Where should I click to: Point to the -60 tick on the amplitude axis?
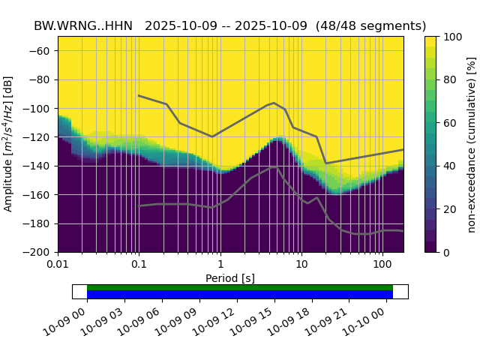(43, 51)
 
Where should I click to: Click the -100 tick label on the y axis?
(40, 109)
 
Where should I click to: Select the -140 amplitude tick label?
(40, 166)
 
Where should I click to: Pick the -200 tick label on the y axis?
(40, 252)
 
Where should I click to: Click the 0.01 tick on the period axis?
(58, 265)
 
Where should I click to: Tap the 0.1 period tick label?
(139, 265)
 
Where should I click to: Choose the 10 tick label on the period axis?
(301, 265)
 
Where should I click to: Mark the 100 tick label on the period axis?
(382, 265)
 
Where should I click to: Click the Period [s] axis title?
(230, 278)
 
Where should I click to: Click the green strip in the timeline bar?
(240, 287)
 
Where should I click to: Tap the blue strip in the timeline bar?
(240, 294)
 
